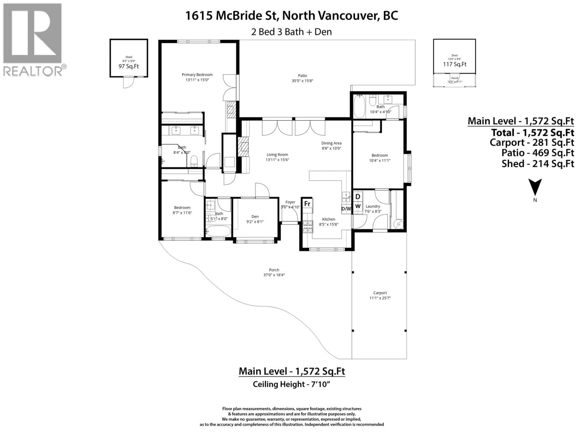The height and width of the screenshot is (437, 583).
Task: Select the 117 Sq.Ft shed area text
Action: (x=455, y=64)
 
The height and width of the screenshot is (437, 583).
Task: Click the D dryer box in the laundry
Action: (x=358, y=196)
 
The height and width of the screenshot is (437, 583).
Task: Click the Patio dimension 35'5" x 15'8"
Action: (x=302, y=81)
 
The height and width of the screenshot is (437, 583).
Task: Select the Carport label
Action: (x=380, y=293)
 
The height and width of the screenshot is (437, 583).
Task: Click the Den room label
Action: (x=255, y=217)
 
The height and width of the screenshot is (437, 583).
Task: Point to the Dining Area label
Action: (x=331, y=143)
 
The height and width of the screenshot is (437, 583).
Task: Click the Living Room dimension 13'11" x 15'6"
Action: (x=277, y=160)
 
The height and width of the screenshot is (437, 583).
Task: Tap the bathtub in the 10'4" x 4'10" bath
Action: (x=359, y=106)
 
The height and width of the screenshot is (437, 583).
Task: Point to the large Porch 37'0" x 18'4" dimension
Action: (x=274, y=275)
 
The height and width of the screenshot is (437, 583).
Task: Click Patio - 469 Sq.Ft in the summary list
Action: (x=537, y=153)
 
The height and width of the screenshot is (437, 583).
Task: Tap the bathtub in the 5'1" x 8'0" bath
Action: (x=218, y=231)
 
